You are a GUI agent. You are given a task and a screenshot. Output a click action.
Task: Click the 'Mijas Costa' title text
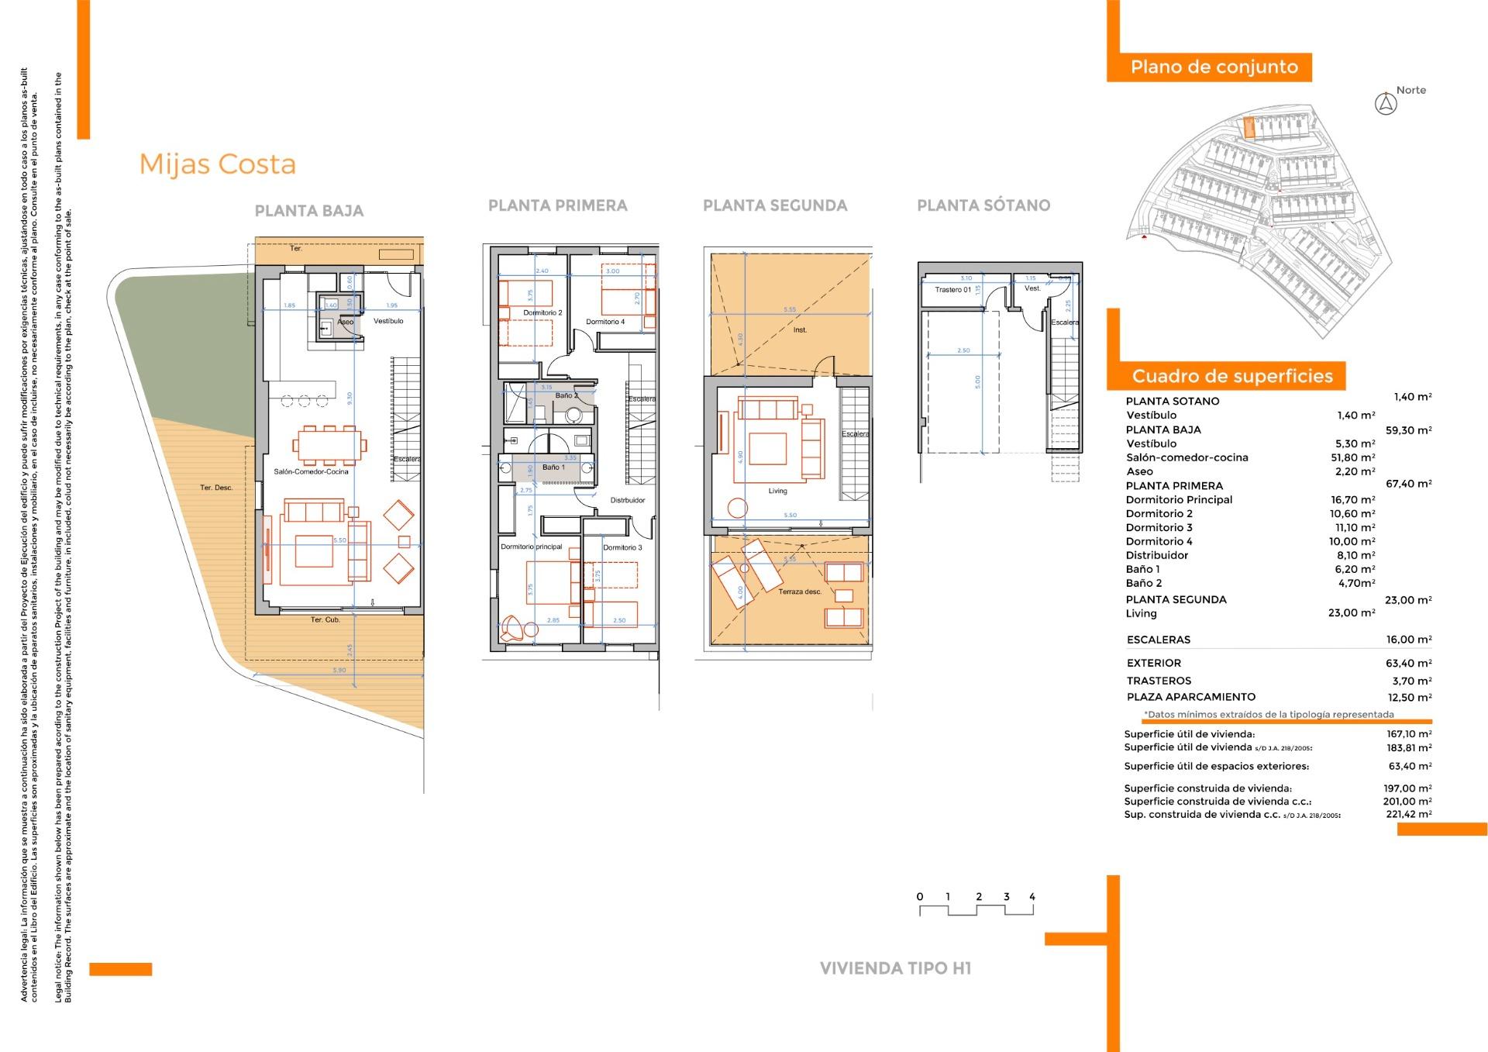click(217, 164)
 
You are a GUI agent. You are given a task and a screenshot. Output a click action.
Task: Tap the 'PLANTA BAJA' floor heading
click(308, 211)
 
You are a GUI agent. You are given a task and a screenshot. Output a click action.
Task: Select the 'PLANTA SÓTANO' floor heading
click(983, 205)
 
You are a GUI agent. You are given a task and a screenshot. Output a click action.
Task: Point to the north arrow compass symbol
click(1385, 104)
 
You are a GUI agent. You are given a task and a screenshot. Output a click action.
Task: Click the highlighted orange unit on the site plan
click(1249, 128)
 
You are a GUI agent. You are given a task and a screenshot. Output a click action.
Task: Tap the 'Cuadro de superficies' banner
click(1231, 377)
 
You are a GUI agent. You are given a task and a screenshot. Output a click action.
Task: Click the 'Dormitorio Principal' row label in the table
click(1178, 500)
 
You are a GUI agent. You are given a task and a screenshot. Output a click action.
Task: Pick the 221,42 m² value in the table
click(1408, 815)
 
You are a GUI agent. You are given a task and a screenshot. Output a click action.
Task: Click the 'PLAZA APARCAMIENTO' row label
click(1190, 697)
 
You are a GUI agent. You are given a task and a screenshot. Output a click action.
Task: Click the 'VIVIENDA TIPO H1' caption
click(895, 968)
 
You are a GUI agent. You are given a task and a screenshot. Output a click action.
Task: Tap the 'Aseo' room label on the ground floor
click(345, 322)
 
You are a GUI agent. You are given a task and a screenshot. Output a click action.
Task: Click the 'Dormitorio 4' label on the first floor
click(604, 322)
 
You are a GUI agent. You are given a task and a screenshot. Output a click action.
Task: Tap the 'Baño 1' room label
click(553, 467)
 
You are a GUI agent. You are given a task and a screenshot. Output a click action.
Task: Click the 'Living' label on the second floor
click(777, 491)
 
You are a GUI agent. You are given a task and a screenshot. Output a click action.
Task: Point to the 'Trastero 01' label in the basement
click(952, 290)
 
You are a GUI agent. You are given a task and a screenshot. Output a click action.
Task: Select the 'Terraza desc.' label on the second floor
click(799, 592)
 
